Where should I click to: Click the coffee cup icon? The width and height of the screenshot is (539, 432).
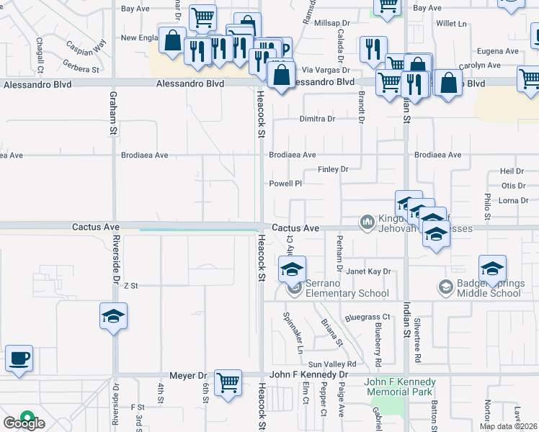pos(19,358)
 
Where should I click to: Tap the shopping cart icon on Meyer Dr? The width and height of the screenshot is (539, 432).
pos(228,382)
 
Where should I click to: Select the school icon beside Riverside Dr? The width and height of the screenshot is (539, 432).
pos(113,316)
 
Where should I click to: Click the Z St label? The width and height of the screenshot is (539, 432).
pos(130,286)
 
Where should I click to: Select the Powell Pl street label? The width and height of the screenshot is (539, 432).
pos(285,184)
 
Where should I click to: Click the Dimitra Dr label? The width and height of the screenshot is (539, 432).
pos(318,119)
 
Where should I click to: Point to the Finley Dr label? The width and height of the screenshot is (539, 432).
pos(333,169)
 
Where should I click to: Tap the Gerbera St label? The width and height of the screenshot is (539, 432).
pos(81,70)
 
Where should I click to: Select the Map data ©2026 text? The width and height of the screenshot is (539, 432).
pos(508,426)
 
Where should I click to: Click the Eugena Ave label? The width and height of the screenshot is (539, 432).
pos(498,51)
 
